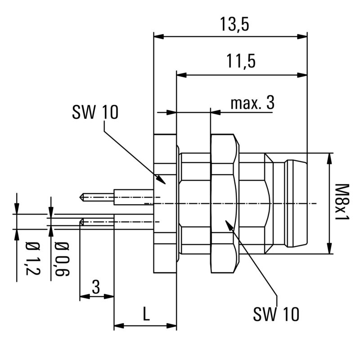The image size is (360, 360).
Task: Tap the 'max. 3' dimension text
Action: [x=252, y=103]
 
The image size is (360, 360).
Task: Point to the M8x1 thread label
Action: [x=343, y=202]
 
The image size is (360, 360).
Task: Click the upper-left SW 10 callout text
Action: [x=94, y=112]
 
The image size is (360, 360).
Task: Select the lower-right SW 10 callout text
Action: [x=275, y=314]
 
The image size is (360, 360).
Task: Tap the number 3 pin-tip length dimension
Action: [x=96, y=287]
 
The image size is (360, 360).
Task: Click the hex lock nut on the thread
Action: [x=224, y=203]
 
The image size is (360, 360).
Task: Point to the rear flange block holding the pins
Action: [x=164, y=203]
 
